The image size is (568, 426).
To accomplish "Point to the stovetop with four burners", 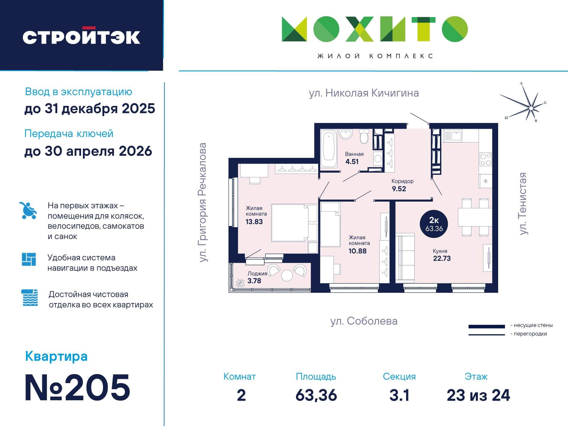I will coord(485,159).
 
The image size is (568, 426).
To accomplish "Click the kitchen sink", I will coord(453,136).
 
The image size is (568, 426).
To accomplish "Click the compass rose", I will coord(531,108).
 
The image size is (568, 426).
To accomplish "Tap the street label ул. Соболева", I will coord(364,321).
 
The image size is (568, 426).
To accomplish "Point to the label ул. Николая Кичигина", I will coord(364,93).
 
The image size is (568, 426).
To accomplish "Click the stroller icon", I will coord(28,210).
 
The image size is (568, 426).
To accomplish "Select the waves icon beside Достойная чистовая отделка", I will coord(30,298).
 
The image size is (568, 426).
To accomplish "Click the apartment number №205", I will coord(78,388).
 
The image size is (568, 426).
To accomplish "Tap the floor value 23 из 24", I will coord(478,395).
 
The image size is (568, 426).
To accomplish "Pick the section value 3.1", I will coord(399,395).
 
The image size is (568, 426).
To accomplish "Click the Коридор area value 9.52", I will coord(399,189).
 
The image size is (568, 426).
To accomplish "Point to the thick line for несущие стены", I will coord(486,327).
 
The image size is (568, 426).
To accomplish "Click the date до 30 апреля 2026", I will coord(88,151).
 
